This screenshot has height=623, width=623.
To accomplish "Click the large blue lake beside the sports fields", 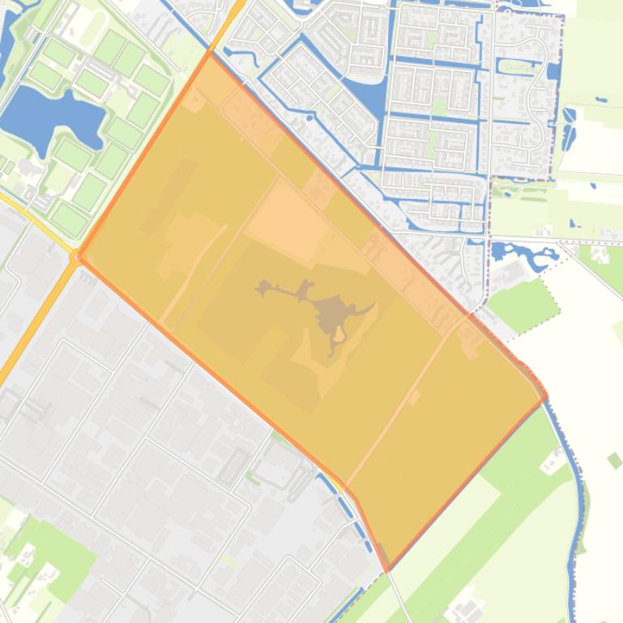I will coord(49,113).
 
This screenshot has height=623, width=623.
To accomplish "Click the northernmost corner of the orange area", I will coord(210,54).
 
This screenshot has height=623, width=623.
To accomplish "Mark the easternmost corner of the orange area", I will coord(546,397).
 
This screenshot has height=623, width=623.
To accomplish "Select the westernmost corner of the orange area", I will coord(78,257).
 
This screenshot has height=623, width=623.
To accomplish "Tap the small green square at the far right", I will coord(614,460).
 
